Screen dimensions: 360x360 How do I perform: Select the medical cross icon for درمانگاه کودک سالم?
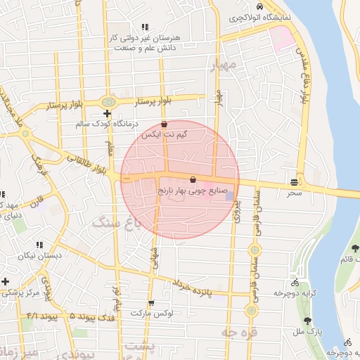(107, 113)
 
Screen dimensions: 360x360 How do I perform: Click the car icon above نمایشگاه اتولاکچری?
(260, 5)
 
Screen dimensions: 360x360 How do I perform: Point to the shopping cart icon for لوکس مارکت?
(150, 303)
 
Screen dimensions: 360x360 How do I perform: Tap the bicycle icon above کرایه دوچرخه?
(289, 281)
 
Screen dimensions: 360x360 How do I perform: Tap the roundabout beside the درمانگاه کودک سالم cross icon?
(108, 102)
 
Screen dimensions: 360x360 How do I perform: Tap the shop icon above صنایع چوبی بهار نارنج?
(193, 179)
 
